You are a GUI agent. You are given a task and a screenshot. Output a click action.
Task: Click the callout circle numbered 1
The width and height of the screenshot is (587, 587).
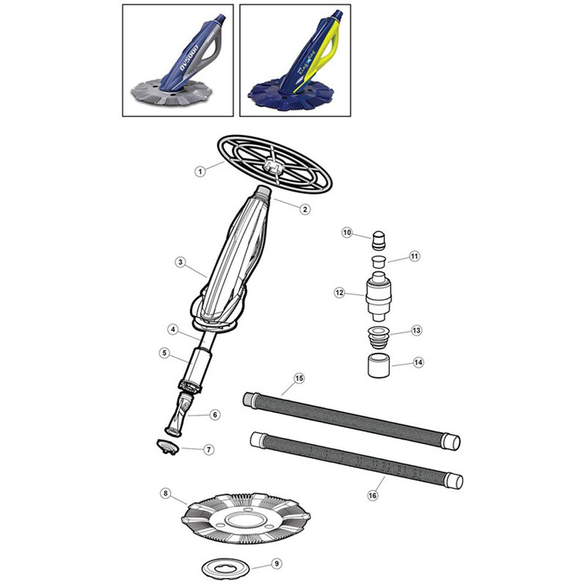point(200,171)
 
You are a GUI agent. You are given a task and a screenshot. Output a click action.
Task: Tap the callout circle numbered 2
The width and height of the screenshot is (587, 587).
point(305,209)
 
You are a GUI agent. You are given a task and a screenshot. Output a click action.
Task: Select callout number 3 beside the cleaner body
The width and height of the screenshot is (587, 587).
point(180,262)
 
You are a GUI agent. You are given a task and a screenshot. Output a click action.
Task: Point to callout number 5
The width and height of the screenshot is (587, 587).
point(164,353)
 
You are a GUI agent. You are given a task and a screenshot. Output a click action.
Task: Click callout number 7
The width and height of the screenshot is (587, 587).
point(209,449)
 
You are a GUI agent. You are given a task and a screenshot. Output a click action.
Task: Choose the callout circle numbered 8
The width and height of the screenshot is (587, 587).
point(165,493)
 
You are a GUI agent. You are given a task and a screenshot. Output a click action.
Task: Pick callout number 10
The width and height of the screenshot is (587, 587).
point(347,233)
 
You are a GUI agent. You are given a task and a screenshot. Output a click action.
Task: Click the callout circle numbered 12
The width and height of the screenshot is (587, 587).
point(339,293)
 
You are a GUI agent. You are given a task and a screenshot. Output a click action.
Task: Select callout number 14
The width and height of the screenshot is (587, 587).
point(418,362)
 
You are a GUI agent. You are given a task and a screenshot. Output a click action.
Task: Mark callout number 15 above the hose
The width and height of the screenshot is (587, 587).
point(299,378)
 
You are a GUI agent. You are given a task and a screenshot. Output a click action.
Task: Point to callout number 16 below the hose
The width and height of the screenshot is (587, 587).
point(373,495)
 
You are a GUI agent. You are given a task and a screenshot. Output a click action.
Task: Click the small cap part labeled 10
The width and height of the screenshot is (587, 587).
point(378,240)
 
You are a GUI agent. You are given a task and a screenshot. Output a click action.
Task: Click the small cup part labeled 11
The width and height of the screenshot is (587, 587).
point(378,262)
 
